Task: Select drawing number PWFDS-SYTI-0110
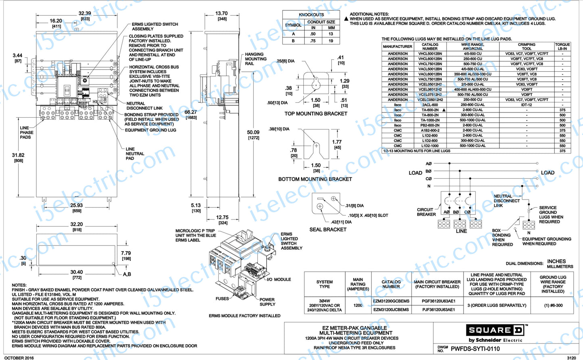click(475, 349)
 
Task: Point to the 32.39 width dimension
click(85, 13)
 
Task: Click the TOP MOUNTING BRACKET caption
click(316, 114)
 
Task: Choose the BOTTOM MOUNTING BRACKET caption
click(315, 179)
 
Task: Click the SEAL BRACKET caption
click(328, 229)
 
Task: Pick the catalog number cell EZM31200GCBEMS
click(391, 301)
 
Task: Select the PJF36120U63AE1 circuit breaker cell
click(439, 310)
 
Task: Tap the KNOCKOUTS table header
click(311, 15)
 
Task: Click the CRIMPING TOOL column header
click(527, 46)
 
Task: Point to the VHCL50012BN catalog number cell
click(430, 54)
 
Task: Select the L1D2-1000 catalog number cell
click(430, 146)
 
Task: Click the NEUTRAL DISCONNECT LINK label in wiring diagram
click(506, 201)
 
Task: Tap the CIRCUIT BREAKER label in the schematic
click(426, 212)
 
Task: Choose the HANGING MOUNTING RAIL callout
click(255, 59)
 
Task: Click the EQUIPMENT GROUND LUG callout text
click(150, 130)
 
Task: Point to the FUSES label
click(222, 299)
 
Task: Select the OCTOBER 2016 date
click(19, 358)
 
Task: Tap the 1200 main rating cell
click(358, 306)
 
